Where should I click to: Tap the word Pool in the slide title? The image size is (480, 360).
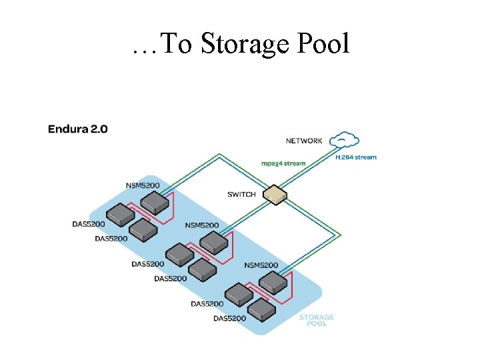click(x=319, y=44)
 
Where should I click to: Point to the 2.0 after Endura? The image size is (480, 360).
click(x=97, y=129)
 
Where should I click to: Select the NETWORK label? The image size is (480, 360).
click(x=304, y=141)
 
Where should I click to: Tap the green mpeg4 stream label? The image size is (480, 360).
click(x=283, y=163)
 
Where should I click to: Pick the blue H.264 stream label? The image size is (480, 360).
click(x=355, y=157)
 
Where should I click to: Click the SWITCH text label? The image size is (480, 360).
click(x=241, y=195)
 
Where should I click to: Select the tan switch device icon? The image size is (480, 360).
click(x=275, y=194)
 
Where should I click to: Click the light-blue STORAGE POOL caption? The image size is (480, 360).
click(x=316, y=321)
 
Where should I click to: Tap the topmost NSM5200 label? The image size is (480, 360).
click(x=143, y=185)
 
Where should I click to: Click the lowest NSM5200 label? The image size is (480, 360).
click(x=261, y=265)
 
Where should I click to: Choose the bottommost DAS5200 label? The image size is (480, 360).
click(x=229, y=318)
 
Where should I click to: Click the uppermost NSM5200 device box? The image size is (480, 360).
click(x=157, y=201)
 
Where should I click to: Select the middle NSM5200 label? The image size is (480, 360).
click(x=201, y=225)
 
